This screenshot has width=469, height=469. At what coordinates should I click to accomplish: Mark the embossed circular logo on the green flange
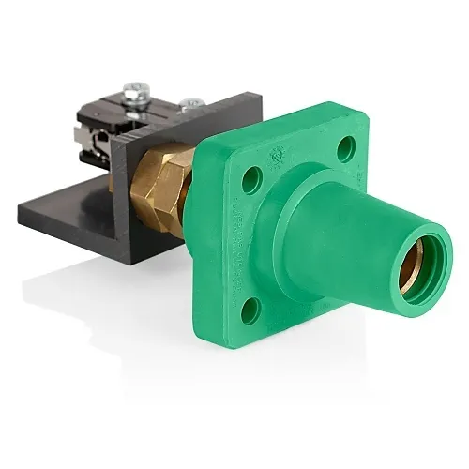279,155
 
